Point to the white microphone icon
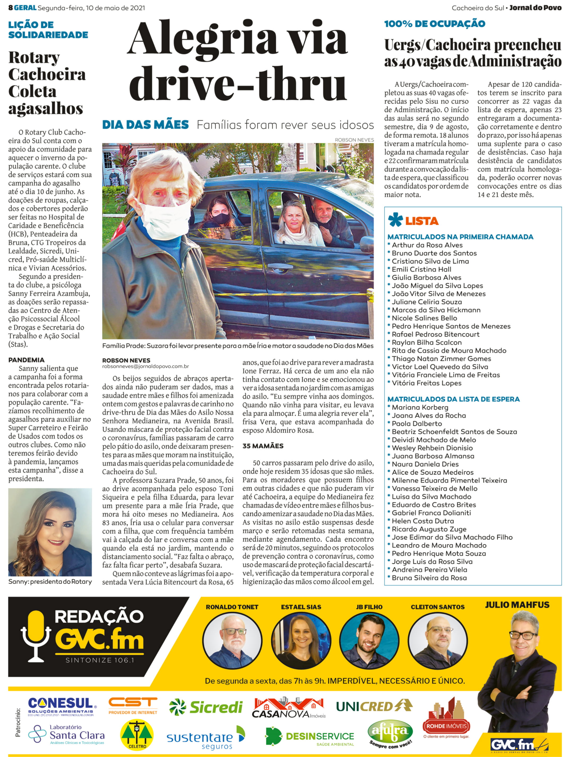coord(36,636)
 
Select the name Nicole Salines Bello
coord(424,318)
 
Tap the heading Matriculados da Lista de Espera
coord(453,399)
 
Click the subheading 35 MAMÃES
coord(263,446)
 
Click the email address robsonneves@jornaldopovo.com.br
coord(145,366)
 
